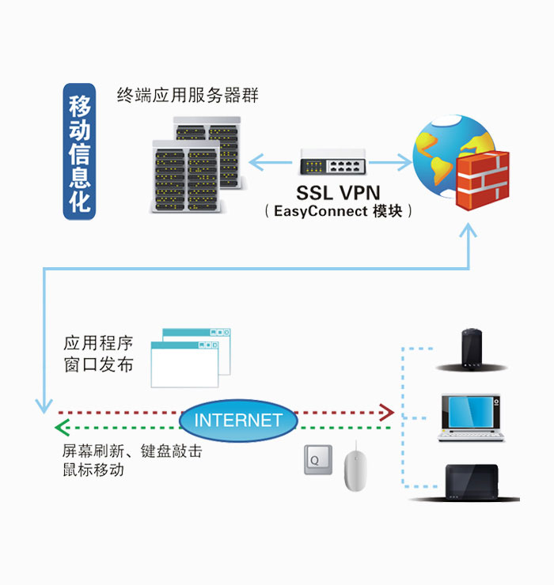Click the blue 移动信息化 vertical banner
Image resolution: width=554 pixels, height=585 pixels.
[x=79, y=151]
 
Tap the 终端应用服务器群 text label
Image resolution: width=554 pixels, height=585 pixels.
[x=188, y=96]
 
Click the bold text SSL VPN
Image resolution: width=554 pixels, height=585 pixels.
[x=338, y=192]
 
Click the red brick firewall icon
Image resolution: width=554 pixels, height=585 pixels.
[x=482, y=181]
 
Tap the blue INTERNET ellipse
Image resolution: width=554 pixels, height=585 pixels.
[x=238, y=420]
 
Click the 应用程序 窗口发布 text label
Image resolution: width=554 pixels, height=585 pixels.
[x=98, y=354]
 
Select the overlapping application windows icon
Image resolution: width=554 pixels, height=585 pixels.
[x=190, y=357]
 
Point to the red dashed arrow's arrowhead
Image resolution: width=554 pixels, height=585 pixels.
[x=386, y=412]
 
